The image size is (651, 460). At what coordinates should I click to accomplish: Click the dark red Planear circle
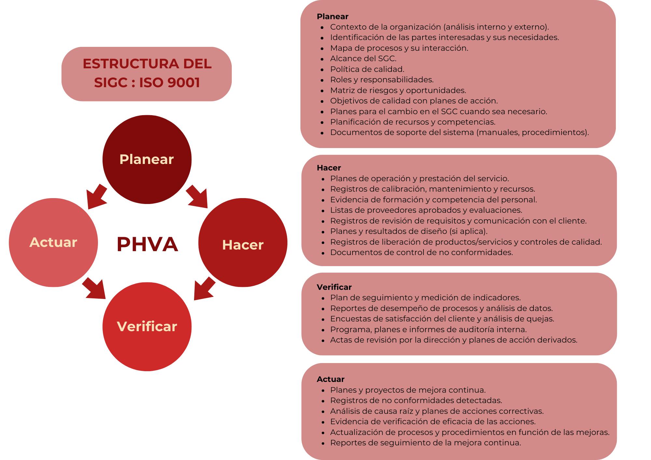click(x=147, y=159)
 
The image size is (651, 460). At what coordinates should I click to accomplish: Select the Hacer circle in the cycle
click(x=242, y=243)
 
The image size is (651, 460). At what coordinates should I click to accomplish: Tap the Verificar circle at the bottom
click(x=147, y=326)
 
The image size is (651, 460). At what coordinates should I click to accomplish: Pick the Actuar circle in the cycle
click(x=53, y=242)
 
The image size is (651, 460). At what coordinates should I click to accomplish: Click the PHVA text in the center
click(x=147, y=244)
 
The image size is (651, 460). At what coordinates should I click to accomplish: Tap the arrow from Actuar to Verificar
click(x=94, y=288)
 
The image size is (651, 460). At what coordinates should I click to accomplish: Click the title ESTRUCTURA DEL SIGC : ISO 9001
click(x=146, y=73)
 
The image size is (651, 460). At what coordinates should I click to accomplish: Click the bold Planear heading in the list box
click(x=332, y=16)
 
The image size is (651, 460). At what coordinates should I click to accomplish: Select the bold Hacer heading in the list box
click(x=329, y=168)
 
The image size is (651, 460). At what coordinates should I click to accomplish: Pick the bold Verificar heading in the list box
click(x=334, y=287)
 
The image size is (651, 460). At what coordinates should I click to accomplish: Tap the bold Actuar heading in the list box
click(x=330, y=379)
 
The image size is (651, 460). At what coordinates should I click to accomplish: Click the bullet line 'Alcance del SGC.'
click(x=363, y=59)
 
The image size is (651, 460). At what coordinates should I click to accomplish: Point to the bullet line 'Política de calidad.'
click(x=367, y=69)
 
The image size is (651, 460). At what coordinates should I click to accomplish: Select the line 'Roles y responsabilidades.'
click(x=382, y=80)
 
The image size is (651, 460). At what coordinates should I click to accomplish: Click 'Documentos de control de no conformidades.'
click(x=422, y=252)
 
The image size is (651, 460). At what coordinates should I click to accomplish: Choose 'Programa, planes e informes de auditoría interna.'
click(x=428, y=329)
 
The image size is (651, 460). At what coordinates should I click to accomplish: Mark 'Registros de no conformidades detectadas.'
click(x=416, y=400)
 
